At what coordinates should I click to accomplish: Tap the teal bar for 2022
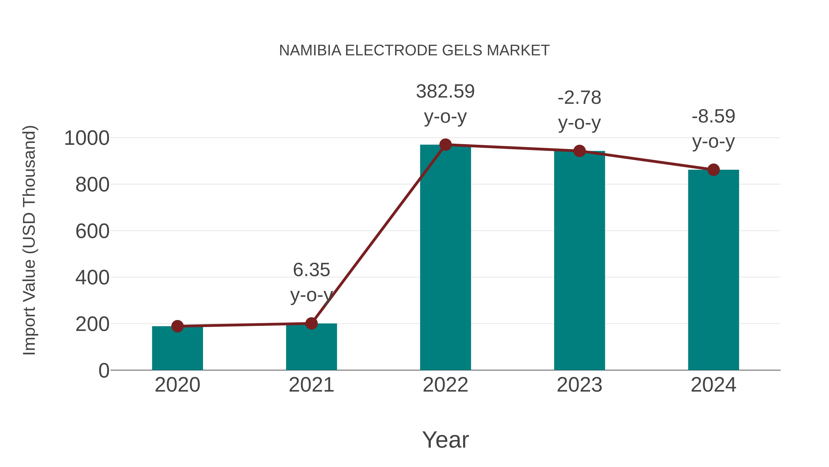coord(445,258)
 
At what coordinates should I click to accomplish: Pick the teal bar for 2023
coord(579,261)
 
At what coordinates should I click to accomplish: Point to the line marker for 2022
coord(445,145)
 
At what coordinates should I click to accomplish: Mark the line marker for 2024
coord(713,170)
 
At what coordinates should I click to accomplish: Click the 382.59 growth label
coord(445,92)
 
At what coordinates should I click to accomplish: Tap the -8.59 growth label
coord(713,116)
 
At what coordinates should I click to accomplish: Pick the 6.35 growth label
coord(311,270)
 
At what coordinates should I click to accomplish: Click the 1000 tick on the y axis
coord(87,138)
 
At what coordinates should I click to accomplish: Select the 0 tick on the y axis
coord(104,371)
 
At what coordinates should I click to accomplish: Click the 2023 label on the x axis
coord(579,385)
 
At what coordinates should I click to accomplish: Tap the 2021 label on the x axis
coord(311,385)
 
